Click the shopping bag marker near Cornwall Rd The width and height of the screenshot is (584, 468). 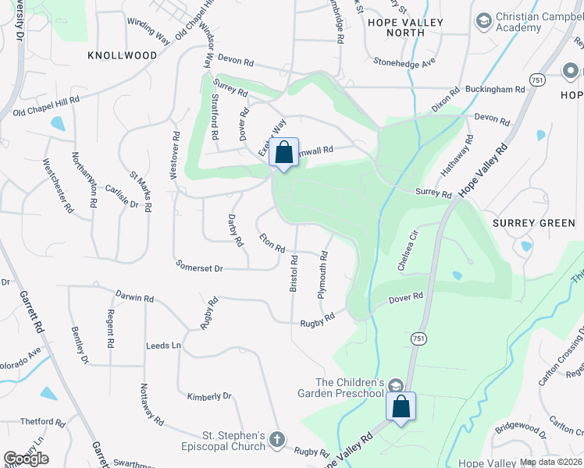coord(284,151)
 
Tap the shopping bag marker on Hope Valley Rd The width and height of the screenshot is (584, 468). coord(401,406)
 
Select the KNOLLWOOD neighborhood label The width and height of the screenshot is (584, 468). coord(123,55)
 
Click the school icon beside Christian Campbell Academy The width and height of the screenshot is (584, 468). coord(483,19)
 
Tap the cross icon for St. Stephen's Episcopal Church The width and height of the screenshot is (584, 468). coord(276,441)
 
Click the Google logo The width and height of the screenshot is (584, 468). coord(26,458)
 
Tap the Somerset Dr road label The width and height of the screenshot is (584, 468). coord(200,268)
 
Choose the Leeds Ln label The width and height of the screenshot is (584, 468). coord(163,345)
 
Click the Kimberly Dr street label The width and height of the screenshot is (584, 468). coord(210,396)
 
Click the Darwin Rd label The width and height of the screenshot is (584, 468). coord(134,298)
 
